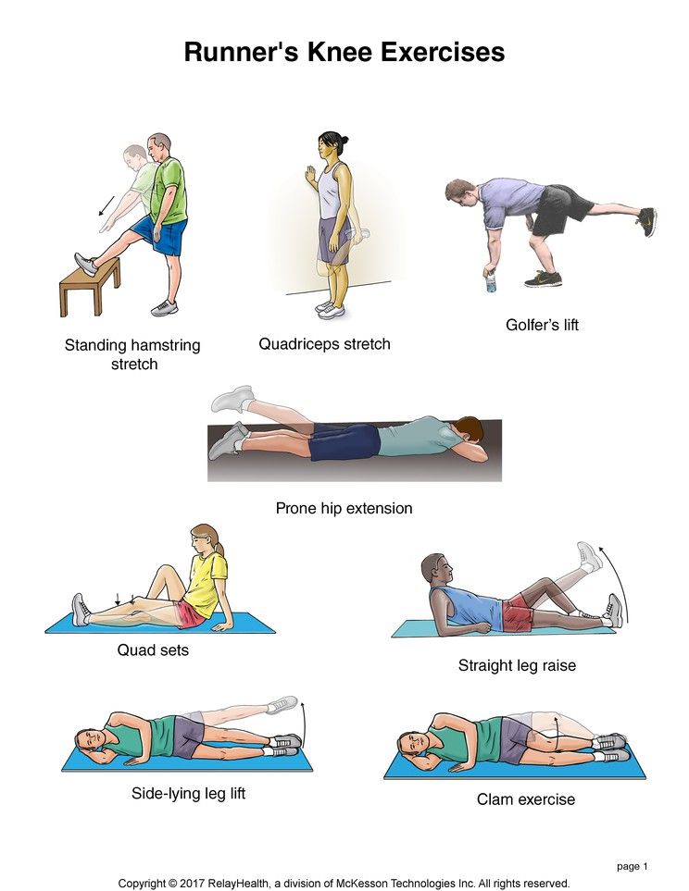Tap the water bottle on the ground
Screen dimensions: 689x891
tap(491, 282)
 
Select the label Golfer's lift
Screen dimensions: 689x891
tap(542, 325)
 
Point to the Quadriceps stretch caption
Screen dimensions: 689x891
tap(324, 344)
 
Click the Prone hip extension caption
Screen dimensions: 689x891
tap(344, 508)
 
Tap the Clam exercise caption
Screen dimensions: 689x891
tap(526, 799)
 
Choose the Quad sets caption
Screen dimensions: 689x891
tap(153, 650)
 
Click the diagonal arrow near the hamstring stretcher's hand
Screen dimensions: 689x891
tap(106, 206)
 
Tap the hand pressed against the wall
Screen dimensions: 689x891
tap(310, 175)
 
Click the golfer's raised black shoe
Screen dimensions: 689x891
tap(647, 222)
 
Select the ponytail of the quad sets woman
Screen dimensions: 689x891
tap(219, 547)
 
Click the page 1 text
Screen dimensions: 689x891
tap(633, 867)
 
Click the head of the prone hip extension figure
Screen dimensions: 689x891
tap(470, 431)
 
